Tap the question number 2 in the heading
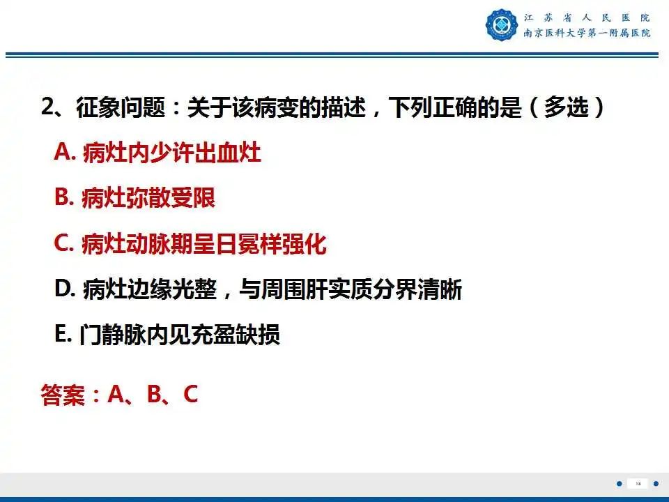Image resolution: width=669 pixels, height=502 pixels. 48,108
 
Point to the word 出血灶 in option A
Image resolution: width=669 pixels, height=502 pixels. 227,152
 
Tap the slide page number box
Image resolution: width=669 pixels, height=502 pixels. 636,483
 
